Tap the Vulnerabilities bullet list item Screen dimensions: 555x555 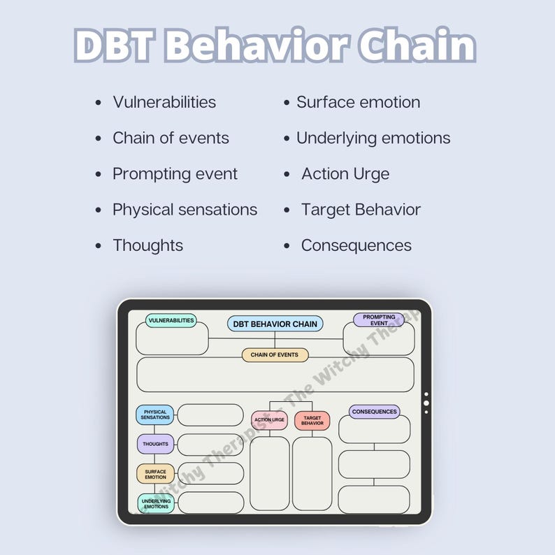pyautogui.click(x=164, y=102)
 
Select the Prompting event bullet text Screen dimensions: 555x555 pyautogui.click(x=175, y=174)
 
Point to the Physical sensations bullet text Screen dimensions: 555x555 pyautogui.click(x=185, y=210)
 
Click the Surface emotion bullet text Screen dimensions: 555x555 pyautogui.click(x=358, y=102)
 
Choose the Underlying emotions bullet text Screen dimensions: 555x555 pyautogui.click(x=373, y=138)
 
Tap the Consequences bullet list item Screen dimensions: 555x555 pyautogui.click(x=356, y=245)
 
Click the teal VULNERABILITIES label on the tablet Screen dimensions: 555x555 pyautogui.click(x=171, y=321)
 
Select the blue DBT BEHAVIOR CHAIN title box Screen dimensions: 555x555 pyautogui.click(x=275, y=324)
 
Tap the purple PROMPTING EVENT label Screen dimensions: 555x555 pyautogui.click(x=379, y=320)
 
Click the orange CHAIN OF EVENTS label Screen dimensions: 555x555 pyautogui.click(x=275, y=355)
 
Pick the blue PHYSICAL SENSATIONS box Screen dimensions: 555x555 pyautogui.click(x=155, y=415)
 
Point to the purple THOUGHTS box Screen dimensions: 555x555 pyautogui.click(x=155, y=445)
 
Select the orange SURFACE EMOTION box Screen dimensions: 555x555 pyautogui.click(x=155, y=474)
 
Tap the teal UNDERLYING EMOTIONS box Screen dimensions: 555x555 pyautogui.click(x=155, y=503)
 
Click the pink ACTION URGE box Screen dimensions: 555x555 pyautogui.click(x=269, y=420)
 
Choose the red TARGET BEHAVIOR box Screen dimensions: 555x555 pyautogui.click(x=312, y=420)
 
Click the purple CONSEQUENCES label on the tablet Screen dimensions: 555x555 pyautogui.click(x=374, y=412)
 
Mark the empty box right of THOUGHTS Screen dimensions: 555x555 pyautogui.click(x=210, y=445)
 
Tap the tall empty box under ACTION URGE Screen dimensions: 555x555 pyautogui.click(x=269, y=473)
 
